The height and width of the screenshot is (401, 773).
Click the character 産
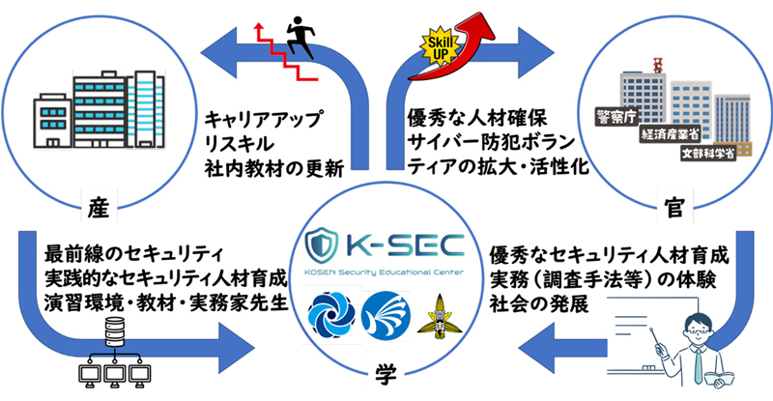click(98, 206)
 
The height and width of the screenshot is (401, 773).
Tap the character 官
click(675, 206)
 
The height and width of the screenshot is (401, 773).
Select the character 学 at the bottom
click(386, 373)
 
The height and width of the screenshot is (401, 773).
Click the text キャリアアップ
click(263, 119)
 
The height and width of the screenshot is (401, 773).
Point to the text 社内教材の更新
click(272, 167)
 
